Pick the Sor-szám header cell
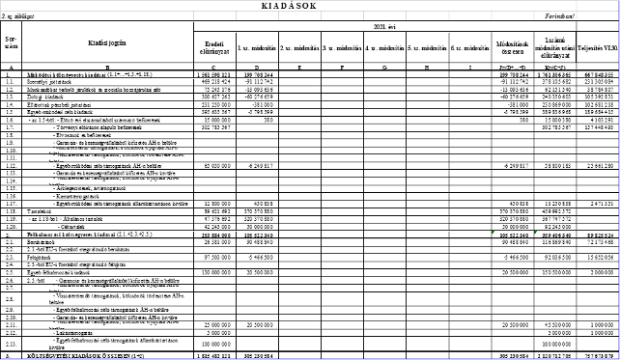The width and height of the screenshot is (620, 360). (x=11, y=42)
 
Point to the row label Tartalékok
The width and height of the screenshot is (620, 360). (x=38, y=209)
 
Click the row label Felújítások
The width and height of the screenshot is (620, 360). (x=38, y=258)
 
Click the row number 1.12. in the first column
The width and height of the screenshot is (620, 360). (x=11, y=165)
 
